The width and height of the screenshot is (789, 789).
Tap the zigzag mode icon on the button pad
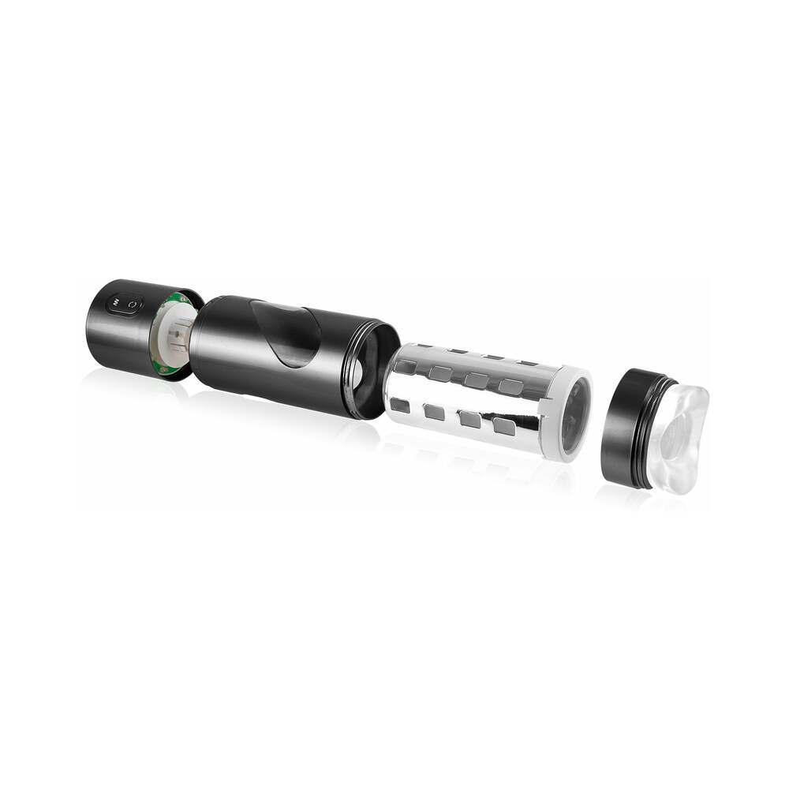pyautogui.click(x=116, y=301)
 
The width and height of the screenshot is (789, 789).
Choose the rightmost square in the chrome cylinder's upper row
pyautogui.click(x=510, y=387)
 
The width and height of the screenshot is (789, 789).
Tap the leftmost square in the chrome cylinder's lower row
pyautogui.click(x=400, y=405)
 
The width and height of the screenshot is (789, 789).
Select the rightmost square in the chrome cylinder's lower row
pyautogui.click(x=503, y=426)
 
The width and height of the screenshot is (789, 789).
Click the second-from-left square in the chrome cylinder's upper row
pyautogui.click(x=440, y=373)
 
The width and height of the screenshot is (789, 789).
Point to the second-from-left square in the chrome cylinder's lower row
pyautogui.click(x=434, y=411)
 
